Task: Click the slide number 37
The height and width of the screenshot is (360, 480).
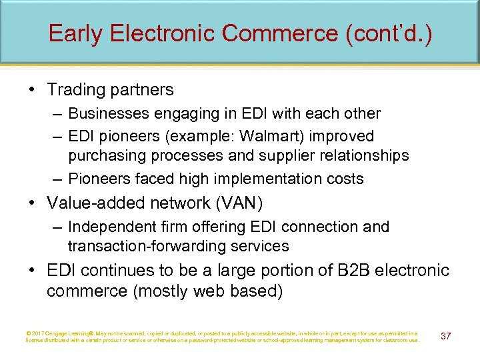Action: pos(445,336)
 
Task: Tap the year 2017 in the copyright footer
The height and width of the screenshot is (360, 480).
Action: pos(38,333)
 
